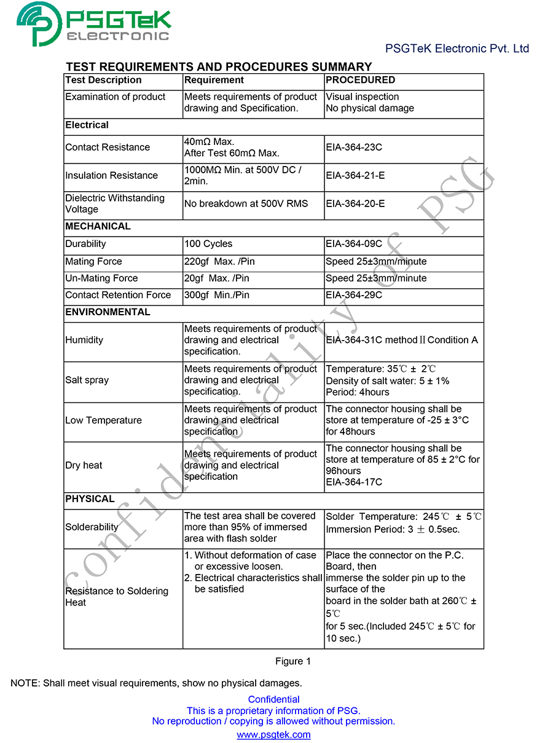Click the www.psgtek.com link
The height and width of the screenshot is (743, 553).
pyautogui.click(x=273, y=734)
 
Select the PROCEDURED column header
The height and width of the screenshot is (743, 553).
pyautogui.click(x=361, y=80)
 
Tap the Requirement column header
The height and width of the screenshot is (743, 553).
pyautogui.click(x=214, y=80)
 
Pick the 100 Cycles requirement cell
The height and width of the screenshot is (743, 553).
pyautogui.click(x=208, y=244)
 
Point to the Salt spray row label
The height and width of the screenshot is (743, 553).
pyautogui.click(x=87, y=380)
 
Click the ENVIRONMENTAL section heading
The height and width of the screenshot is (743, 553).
pyautogui.click(x=108, y=312)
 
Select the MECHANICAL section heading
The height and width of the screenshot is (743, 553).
pyautogui.click(x=98, y=226)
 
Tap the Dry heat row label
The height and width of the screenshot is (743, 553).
pyautogui.click(x=84, y=465)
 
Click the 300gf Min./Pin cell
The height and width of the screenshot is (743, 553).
pyautogui.click(x=217, y=295)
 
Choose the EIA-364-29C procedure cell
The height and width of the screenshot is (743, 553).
pyautogui.click(x=354, y=295)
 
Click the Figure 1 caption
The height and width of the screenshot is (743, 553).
pyautogui.click(x=293, y=661)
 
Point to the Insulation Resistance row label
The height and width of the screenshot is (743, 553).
pyautogui.click(x=112, y=176)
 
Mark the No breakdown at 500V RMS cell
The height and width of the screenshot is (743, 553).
pyautogui.click(x=246, y=203)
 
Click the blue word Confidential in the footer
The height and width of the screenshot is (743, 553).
pyautogui.click(x=273, y=699)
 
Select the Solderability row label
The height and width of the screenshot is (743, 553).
pyautogui.click(x=92, y=527)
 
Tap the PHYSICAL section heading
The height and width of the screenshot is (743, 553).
pyautogui.click(x=90, y=499)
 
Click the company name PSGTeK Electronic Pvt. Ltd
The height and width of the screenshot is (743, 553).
pyautogui.click(x=457, y=49)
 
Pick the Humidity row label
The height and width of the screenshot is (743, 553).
pyautogui.click(x=84, y=340)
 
